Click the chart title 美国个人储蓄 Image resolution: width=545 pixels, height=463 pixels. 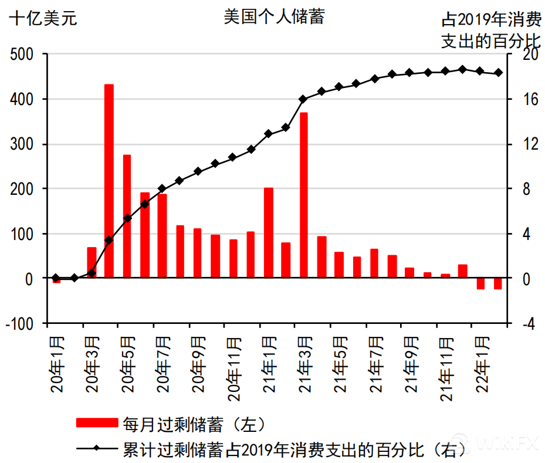[274, 16]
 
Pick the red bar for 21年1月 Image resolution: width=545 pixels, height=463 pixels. [269, 232]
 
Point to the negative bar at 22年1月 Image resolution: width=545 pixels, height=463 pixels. [480, 284]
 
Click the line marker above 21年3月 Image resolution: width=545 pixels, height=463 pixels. [303, 99]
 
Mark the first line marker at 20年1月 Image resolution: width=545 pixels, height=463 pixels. [56, 278]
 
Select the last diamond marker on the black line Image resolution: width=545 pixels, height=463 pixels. [498, 73]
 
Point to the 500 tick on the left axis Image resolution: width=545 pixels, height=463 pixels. [27, 55]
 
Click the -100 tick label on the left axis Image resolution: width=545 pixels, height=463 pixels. [23, 323]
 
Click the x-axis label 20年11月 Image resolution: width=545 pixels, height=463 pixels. [233, 369]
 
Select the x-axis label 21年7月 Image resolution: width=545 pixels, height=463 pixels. [375, 364]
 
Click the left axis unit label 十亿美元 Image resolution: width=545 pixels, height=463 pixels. [43, 18]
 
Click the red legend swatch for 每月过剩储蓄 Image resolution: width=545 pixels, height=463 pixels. [97, 423]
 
